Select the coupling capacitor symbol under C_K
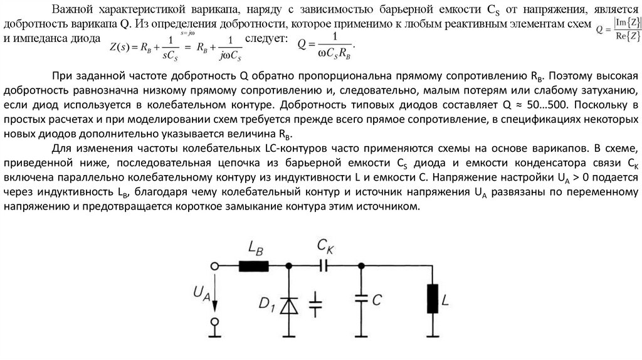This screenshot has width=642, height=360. point(324,266)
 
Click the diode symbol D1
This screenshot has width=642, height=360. point(289,305)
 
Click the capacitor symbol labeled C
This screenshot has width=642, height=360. point(360,299)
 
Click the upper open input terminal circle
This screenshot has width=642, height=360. point(214,266)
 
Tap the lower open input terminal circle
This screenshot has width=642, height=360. point(214,322)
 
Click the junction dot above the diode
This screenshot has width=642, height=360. point(289,266)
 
